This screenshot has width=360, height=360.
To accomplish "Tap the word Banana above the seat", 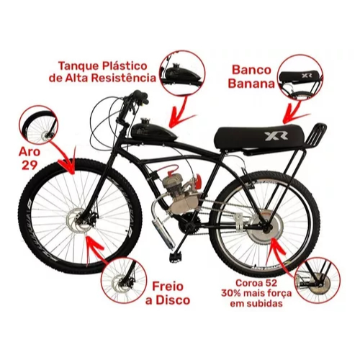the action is point(251,84).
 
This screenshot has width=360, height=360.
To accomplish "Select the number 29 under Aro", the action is point(30,166).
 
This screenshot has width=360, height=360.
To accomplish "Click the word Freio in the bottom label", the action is point(168,287).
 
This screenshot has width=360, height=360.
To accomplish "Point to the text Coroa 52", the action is point(256,283).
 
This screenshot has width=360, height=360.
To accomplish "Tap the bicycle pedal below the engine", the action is point(176,257).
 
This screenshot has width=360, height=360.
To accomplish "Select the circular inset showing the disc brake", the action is point(123,280).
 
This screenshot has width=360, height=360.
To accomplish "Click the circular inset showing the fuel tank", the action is point(183,73).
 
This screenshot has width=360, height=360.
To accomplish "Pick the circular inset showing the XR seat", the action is point(301,76).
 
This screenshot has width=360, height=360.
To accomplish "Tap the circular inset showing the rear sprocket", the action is point(318,279).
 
